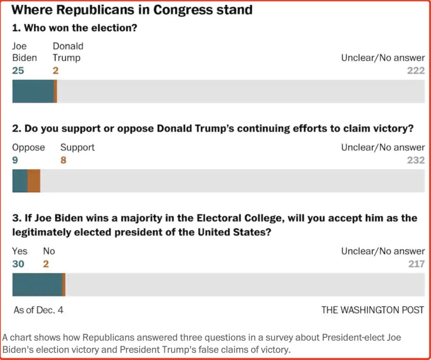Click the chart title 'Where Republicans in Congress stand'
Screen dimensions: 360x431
click(x=133, y=9)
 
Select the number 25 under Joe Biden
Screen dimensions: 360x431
click(x=18, y=71)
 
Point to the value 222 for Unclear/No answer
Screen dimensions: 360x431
click(x=416, y=71)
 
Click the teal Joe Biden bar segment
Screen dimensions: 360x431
click(x=33, y=91)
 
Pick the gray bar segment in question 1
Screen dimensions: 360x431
click(x=240, y=91)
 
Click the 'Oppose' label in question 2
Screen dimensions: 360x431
click(x=28, y=147)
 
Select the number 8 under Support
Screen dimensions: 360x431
click(x=63, y=160)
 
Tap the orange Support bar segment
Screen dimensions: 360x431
click(x=34, y=181)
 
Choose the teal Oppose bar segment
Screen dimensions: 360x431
click(x=20, y=181)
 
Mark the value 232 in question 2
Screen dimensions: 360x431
click(x=416, y=160)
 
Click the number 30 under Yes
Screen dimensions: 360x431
click(x=18, y=264)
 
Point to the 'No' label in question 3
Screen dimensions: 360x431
click(x=49, y=251)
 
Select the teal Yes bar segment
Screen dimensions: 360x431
click(x=37, y=285)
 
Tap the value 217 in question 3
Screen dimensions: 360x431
click(x=416, y=264)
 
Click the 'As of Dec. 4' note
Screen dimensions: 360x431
click(x=38, y=310)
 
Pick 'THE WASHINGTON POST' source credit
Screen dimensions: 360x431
click(x=372, y=310)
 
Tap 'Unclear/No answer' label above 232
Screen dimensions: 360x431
click(x=383, y=147)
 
